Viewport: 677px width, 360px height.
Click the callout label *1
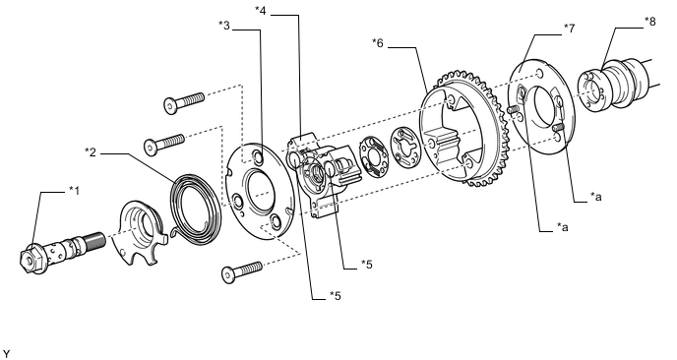pos(74,191)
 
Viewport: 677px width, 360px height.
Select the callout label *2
pos(91,151)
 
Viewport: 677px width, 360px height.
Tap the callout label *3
pos(224,25)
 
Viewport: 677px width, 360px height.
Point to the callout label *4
pos(261,11)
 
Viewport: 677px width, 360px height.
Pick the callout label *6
pos(378,42)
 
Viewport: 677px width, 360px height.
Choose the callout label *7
pos(570,29)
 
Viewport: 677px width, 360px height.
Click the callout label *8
pos(650,22)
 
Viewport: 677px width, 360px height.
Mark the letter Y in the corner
pos(6,354)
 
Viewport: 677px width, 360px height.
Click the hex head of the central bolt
pos(31,259)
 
